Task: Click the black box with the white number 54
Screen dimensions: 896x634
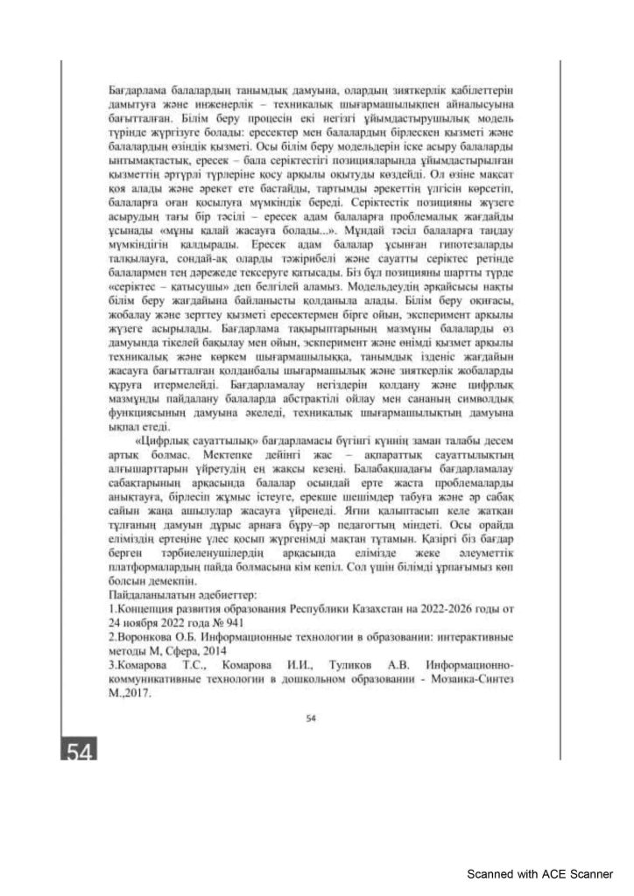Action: coord(79,749)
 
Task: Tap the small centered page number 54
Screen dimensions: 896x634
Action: coord(310,719)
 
